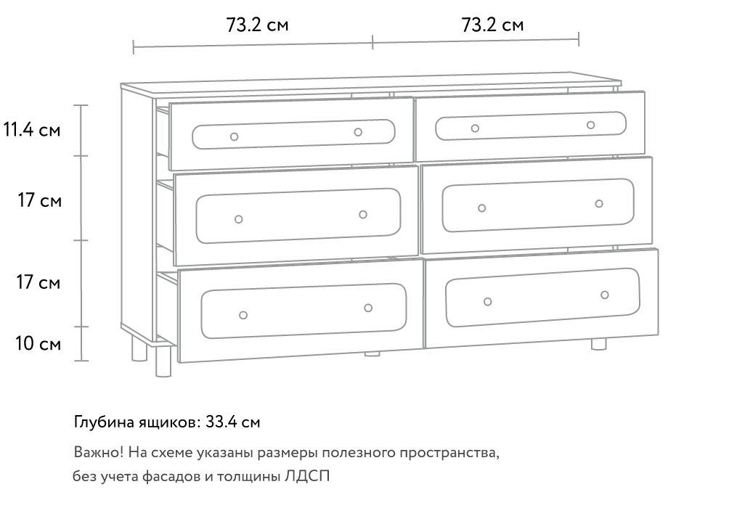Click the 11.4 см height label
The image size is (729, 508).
click(x=32, y=130)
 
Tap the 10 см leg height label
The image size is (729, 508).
click(x=38, y=344)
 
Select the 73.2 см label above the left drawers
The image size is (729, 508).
click(x=257, y=25)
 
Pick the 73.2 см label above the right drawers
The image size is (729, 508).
click(x=492, y=25)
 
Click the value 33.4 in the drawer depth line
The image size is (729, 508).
click(x=221, y=422)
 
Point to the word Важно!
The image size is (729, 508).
click(x=99, y=452)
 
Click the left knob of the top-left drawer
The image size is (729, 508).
click(x=235, y=136)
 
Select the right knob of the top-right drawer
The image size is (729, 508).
click(x=590, y=125)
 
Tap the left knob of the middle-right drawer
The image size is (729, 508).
click(x=481, y=208)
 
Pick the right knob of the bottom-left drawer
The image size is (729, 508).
click(x=367, y=308)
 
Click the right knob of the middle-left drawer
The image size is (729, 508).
click(x=362, y=215)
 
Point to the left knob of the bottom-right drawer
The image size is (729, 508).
click(x=487, y=302)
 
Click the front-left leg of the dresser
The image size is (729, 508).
click(x=163, y=361)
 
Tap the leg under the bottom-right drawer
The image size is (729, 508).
click(x=599, y=345)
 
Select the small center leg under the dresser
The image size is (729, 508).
click(x=372, y=353)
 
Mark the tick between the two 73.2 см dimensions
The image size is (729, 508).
click(x=372, y=41)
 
